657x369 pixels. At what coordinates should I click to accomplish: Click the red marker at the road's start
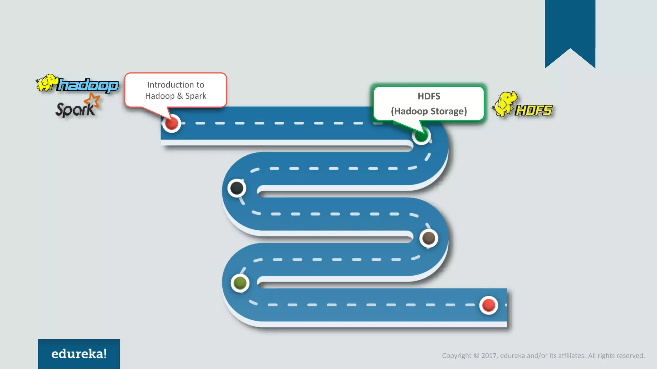tap(172, 123)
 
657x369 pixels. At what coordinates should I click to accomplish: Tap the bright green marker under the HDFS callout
tap(421, 136)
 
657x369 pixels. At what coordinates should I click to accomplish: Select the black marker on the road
tap(237, 188)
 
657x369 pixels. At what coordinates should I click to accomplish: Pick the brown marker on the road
tap(429, 238)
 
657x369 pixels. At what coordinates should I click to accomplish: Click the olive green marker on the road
tap(240, 283)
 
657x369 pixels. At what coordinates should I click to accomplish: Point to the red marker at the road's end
tap(488, 305)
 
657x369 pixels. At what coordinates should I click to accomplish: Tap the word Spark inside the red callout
tap(196, 96)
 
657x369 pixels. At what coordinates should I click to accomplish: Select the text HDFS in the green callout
tap(429, 96)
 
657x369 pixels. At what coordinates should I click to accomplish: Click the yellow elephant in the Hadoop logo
tap(47, 83)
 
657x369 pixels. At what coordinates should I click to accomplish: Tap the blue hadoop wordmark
tap(88, 86)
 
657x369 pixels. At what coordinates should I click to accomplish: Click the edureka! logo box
tap(79, 354)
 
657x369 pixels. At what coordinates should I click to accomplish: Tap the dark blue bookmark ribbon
tap(570, 29)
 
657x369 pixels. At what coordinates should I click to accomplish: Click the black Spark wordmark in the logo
tap(75, 110)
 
